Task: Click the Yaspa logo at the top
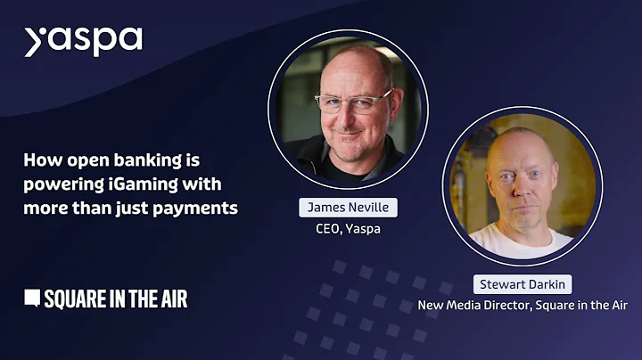(83, 41)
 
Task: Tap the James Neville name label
(348, 208)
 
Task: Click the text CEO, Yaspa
(348, 227)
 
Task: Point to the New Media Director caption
(523, 306)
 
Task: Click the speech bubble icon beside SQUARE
(32, 299)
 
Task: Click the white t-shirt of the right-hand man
(522, 239)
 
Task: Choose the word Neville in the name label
(370, 208)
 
